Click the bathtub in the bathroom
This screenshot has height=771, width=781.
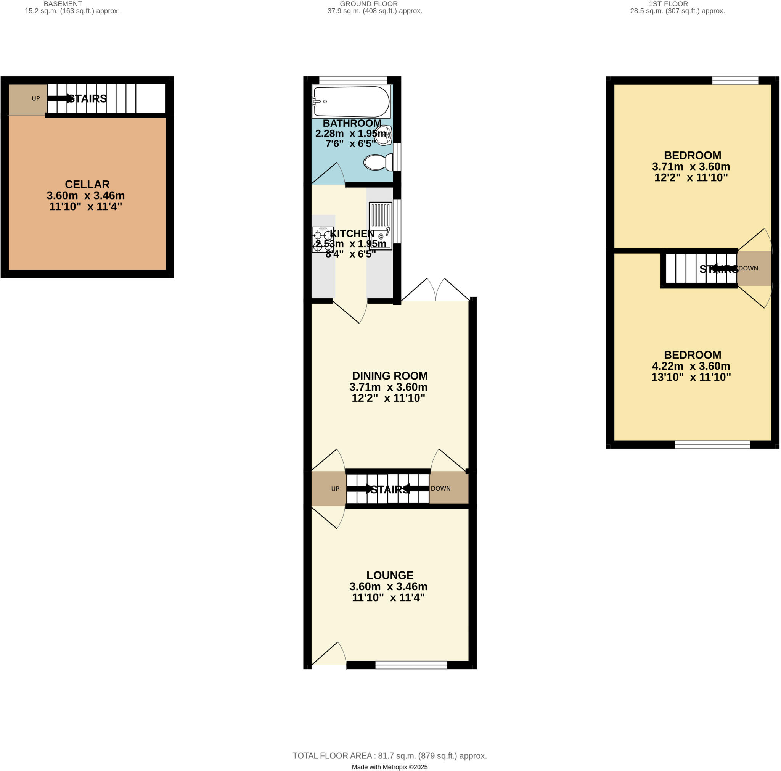coord(351,101)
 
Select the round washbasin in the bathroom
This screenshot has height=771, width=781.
coord(382,135)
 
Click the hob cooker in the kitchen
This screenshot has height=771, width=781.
coord(323,239)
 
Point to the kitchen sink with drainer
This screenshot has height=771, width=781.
coord(380,225)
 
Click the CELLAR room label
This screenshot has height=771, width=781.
coord(87,184)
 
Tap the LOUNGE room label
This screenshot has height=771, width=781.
coord(390,575)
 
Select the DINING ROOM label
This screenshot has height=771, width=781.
coord(390,376)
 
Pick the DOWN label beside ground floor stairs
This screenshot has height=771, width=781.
coord(440,488)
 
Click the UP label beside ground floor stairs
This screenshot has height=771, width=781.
coord(335,489)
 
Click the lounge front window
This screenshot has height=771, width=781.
coord(411,665)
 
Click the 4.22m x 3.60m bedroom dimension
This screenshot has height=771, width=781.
coord(691,366)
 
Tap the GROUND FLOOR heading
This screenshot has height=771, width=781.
coord(368,4)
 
